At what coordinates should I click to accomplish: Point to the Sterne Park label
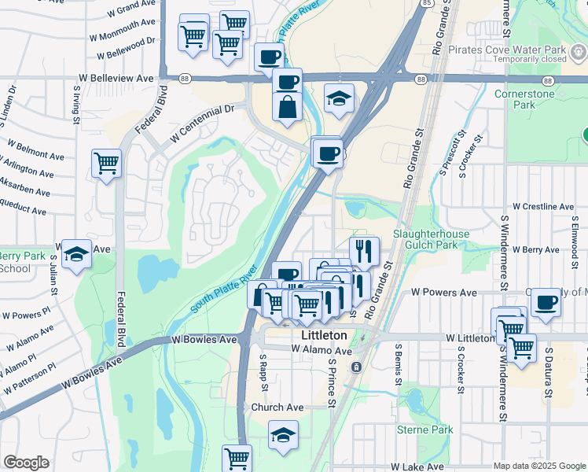pos(425,430)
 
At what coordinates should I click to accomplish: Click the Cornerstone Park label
pos(526,99)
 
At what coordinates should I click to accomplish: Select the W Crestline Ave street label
pos(543,206)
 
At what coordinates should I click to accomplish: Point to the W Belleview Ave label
pos(116,79)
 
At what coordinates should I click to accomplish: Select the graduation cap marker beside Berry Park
pos(76,253)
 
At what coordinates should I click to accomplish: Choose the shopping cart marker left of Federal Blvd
pos(106,164)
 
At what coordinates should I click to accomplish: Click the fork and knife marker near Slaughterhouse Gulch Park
pos(363,251)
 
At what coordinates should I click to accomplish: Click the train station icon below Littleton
pos(356,367)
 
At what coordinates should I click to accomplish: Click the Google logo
pos(26,463)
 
